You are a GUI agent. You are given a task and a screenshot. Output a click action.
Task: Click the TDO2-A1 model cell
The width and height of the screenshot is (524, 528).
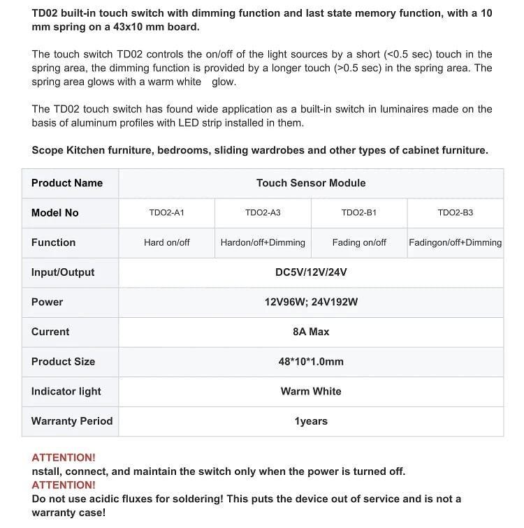(167, 212)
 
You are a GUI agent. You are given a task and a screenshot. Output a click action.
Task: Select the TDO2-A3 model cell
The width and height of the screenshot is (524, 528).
(263, 212)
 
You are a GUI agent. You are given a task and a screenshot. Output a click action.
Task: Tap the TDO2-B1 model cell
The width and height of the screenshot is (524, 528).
(359, 212)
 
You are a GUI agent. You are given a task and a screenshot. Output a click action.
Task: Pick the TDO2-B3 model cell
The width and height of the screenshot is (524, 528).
(456, 212)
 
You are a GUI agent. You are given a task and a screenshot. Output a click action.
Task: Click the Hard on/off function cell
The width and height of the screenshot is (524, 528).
(167, 242)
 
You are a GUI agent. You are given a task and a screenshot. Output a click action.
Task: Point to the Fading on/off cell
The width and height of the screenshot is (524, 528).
(359, 242)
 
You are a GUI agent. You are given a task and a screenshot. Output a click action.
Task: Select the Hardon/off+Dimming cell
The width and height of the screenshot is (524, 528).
(263, 242)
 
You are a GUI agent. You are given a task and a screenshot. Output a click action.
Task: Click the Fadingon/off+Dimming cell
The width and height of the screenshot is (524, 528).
(456, 242)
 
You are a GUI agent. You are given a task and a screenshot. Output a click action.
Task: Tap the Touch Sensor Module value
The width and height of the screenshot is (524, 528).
(311, 183)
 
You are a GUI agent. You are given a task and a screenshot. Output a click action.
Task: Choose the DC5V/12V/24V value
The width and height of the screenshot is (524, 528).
(311, 272)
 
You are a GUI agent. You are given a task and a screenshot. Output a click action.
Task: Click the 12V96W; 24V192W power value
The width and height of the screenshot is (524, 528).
(311, 302)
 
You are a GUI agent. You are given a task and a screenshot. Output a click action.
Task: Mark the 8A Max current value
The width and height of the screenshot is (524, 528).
(311, 332)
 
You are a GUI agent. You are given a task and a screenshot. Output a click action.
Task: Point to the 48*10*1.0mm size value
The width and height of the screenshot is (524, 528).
(311, 362)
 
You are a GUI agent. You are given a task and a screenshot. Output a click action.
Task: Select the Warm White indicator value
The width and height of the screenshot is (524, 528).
(311, 391)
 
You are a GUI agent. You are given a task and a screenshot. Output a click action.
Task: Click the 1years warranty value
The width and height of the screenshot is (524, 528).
(311, 421)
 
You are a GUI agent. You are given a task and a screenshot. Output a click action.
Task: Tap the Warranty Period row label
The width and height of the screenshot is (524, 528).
(72, 421)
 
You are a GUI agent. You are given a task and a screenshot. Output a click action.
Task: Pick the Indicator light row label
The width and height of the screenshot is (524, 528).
(66, 391)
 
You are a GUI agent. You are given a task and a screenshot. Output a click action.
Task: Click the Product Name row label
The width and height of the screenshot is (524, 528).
(67, 183)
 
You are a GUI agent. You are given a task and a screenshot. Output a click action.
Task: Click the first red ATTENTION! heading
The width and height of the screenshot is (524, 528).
(64, 457)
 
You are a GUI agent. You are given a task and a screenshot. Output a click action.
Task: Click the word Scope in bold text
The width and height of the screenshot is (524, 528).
(48, 150)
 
